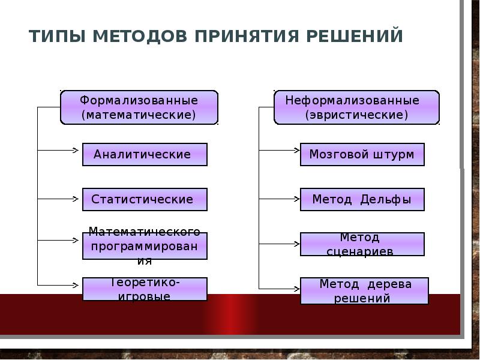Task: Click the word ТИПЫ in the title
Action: click(57, 36)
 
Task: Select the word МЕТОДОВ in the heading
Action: click(140, 36)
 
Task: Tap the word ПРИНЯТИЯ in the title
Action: click(247, 36)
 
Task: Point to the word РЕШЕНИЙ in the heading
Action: click(355, 36)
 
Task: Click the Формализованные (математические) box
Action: click(139, 107)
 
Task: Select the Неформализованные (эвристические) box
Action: click(356, 107)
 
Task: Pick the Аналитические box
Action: click(145, 154)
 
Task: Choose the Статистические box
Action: click(145, 200)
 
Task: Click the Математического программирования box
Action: click(145, 246)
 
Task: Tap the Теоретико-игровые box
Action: click(145, 289)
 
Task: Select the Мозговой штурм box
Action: click(362, 154)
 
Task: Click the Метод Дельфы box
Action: click(362, 200)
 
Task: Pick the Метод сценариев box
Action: click(362, 244)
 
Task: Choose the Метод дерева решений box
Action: click(364, 291)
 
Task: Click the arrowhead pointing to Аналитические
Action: click(76, 150)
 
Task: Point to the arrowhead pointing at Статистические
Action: click(76, 199)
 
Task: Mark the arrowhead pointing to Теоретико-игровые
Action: click(76, 286)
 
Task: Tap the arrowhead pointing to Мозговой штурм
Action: click(296, 150)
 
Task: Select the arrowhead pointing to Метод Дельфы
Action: click(296, 199)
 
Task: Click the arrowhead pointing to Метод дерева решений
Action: click(296, 289)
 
